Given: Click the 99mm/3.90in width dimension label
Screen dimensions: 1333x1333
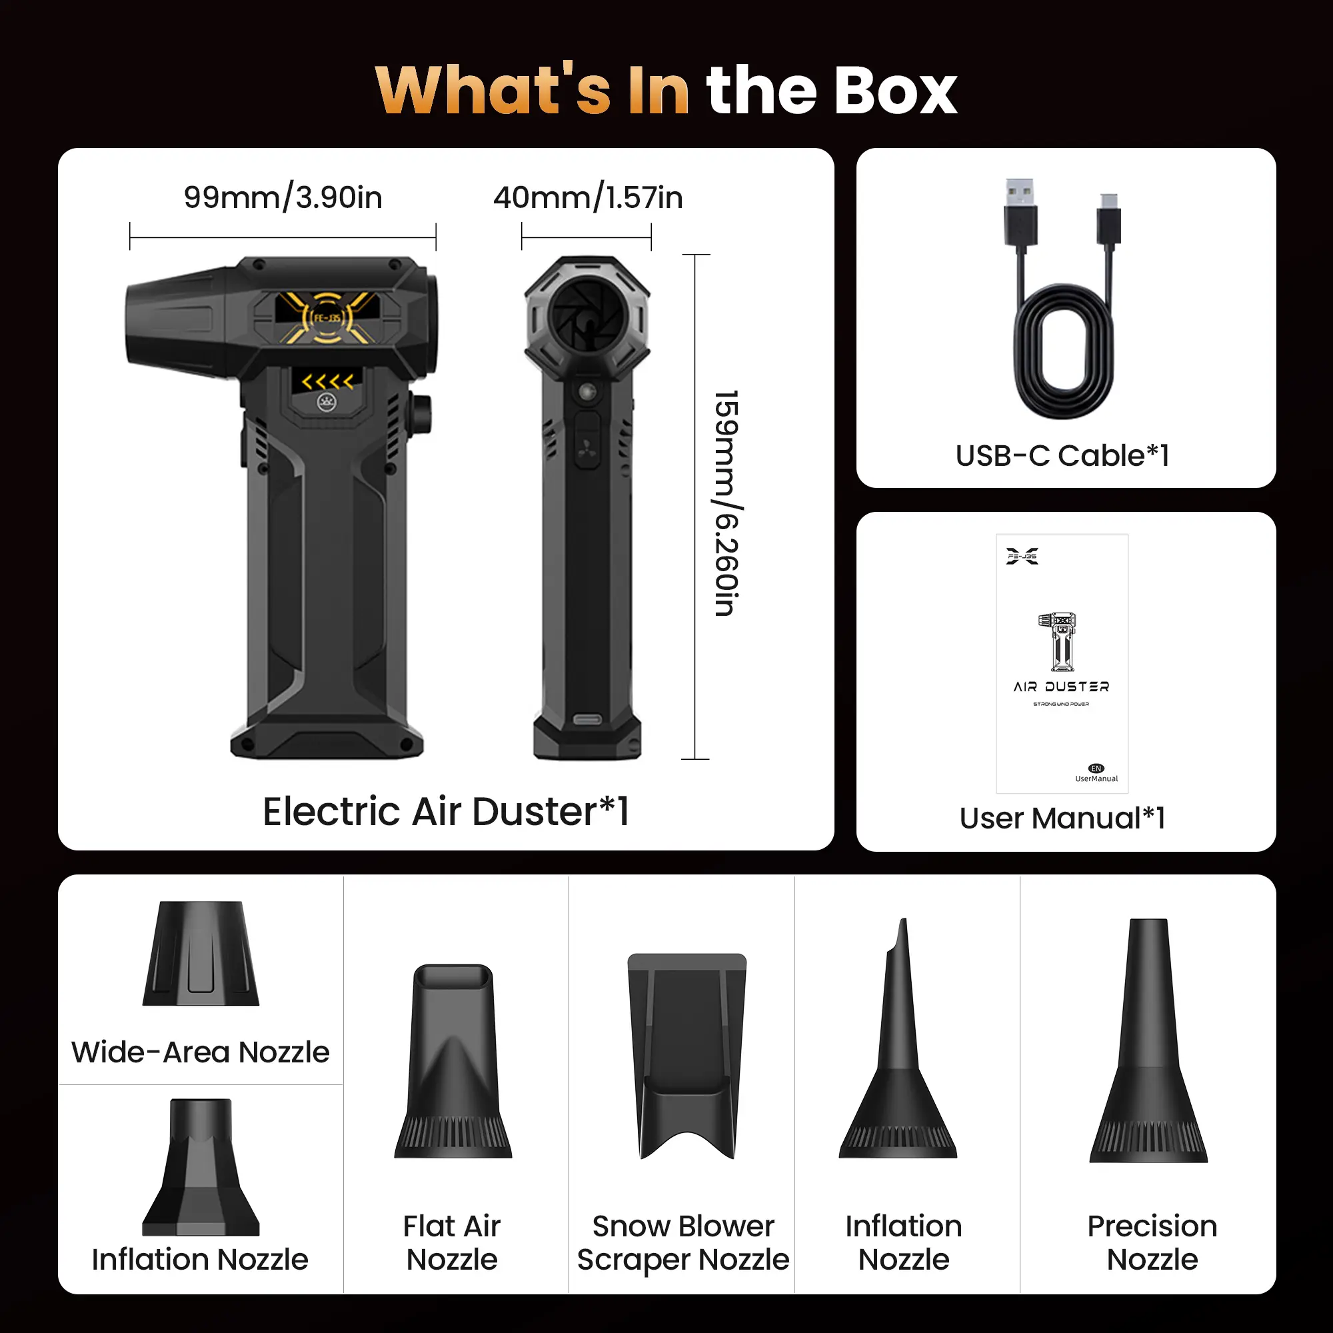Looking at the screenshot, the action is (x=283, y=198).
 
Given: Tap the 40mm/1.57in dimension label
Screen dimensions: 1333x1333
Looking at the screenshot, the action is (x=588, y=198).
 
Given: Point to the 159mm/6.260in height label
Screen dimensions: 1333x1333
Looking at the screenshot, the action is (x=726, y=503).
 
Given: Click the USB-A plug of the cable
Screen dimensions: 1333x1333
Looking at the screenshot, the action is (x=1020, y=213).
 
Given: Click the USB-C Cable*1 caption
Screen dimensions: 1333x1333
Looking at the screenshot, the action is (x=1062, y=456).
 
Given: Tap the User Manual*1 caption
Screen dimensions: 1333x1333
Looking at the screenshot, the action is (x=1062, y=819).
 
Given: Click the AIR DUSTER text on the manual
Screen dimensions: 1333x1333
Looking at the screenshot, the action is (x=1061, y=687).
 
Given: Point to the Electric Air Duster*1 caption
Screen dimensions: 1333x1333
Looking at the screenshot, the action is (x=446, y=811).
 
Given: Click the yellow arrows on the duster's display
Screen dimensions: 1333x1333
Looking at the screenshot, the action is (x=328, y=381).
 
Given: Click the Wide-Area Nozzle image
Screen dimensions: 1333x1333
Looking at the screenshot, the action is (x=201, y=954).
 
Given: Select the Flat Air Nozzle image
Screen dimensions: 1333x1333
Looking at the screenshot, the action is (x=453, y=1061).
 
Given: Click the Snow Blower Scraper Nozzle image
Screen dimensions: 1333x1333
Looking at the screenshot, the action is (x=687, y=1056).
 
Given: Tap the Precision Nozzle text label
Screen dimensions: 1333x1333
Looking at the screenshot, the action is (x=1152, y=1243).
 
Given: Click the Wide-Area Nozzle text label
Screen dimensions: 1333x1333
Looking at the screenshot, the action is (x=201, y=1053).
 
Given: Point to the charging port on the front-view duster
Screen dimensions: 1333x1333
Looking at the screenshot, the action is (x=587, y=720).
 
